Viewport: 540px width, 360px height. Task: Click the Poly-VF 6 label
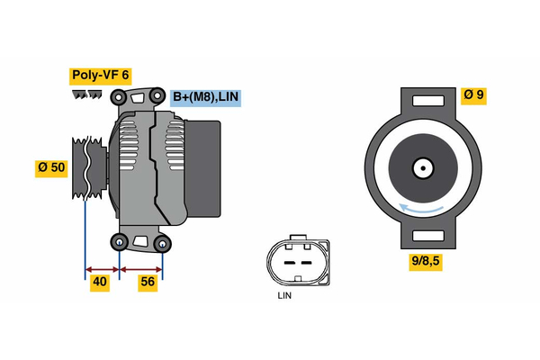(100, 76)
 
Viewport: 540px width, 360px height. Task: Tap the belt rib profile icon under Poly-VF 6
(88, 94)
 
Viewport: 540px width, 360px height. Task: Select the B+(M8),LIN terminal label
(206, 97)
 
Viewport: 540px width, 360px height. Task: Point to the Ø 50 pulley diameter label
(50, 167)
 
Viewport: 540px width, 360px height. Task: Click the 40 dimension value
(101, 283)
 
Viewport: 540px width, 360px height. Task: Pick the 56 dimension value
(148, 283)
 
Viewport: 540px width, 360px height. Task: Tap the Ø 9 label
(473, 94)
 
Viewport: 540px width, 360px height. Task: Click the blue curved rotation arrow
(421, 209)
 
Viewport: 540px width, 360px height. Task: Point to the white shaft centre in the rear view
(421, 167)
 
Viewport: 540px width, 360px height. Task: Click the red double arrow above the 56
(141, 268)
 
